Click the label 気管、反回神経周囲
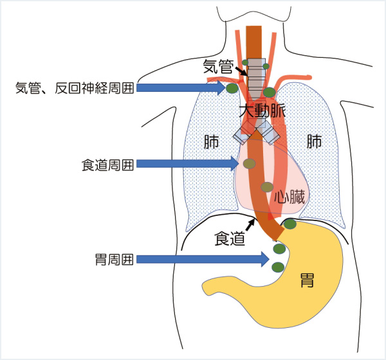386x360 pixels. (75, 88)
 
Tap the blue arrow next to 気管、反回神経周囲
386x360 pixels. (180, 87)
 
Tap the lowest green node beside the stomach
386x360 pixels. (278, 267)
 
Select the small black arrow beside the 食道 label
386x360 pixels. (251, 224)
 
